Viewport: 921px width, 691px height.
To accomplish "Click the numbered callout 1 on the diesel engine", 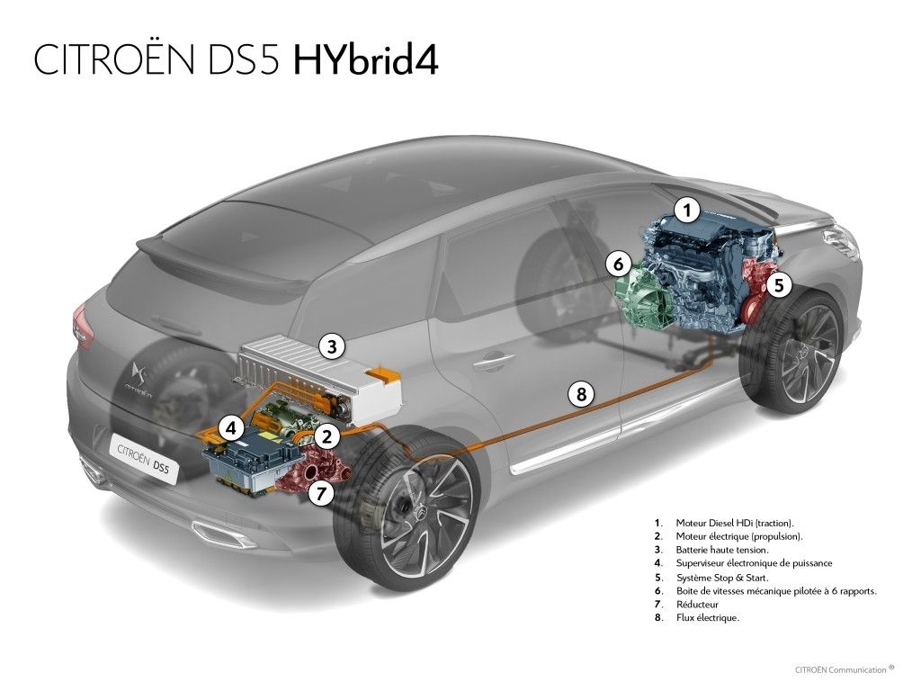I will tap(686, 211).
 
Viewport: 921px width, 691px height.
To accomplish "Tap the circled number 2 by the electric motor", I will tap(326, 436).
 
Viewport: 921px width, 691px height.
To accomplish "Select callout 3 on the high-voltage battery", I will tap(332, 346).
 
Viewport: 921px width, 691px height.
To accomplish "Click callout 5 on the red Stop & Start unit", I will tap(779, 285).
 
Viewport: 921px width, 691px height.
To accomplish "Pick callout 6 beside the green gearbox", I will tap(618, 265).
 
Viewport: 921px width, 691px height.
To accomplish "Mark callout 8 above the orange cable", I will tap(582, 393).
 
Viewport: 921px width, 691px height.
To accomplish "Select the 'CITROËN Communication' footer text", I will tap(840, 669).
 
